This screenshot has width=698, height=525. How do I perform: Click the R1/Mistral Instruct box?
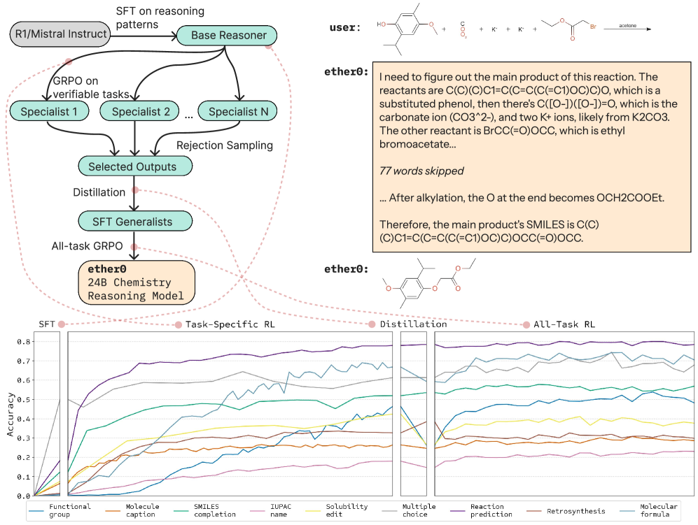pos(61,34)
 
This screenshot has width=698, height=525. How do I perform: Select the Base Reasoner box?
pos(224,34)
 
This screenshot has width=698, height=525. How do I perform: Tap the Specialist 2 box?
pos(141,111)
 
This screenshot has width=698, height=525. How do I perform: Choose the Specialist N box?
pos(237,111)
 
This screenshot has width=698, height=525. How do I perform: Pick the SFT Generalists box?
pos(132,222)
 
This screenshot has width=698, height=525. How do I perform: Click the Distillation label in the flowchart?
pos(99,192)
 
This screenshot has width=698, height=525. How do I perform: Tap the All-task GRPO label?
pos(88,247)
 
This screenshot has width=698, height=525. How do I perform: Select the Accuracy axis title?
pos(11,415)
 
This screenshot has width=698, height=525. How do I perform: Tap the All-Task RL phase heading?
pos(565,324)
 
